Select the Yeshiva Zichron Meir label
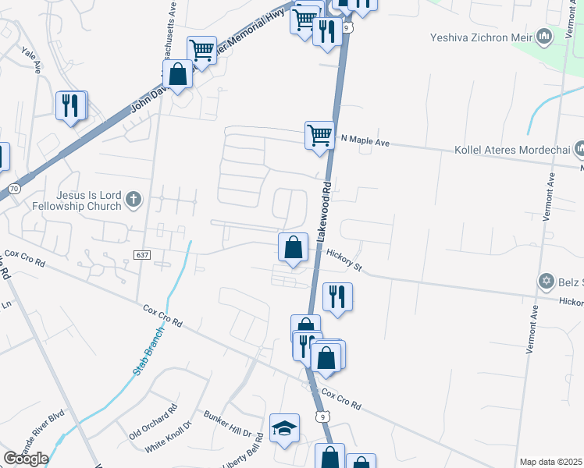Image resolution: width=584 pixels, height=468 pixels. coord(480,36)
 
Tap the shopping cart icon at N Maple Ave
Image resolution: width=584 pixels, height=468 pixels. coord(319,134)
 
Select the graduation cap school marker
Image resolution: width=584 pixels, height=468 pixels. coord(284,427)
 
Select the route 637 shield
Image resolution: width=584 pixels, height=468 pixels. coord(141,255)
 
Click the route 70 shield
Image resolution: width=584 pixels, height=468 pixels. coord(14,189)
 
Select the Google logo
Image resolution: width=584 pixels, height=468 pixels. coord(26,459)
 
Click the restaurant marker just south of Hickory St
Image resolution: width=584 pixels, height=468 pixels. coord(337,296)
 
